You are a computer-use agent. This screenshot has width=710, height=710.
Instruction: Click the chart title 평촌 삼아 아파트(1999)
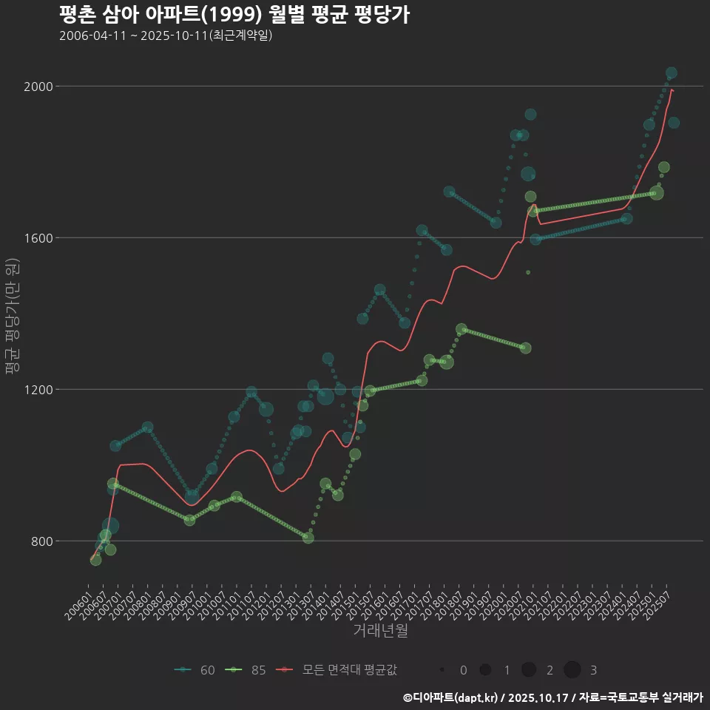click(234, 15)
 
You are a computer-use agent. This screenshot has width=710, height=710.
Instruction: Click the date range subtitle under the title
click(166, 35)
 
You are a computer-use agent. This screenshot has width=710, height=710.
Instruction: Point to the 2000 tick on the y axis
click(38, 87)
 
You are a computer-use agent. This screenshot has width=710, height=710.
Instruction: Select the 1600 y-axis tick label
click(38, 238)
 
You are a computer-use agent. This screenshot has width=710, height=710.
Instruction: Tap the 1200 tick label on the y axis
click(38, 390)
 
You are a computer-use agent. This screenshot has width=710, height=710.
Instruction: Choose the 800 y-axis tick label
click(41, 541)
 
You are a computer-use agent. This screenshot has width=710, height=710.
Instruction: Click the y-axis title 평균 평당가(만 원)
click(12, 318)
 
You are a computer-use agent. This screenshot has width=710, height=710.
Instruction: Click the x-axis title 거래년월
click(380, 631)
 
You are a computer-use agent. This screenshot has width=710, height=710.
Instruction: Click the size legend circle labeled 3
click(572, 670)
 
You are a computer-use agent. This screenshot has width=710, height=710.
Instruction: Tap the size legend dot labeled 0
click(442, 670)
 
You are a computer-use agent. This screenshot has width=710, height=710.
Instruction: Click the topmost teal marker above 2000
click(672, 72)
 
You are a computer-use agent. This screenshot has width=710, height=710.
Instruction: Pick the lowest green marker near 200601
click(95, 560)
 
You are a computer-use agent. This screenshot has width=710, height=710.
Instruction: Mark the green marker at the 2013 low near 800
click(308, 538)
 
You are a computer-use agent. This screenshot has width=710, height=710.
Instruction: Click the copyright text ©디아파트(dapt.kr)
click(451, 697)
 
